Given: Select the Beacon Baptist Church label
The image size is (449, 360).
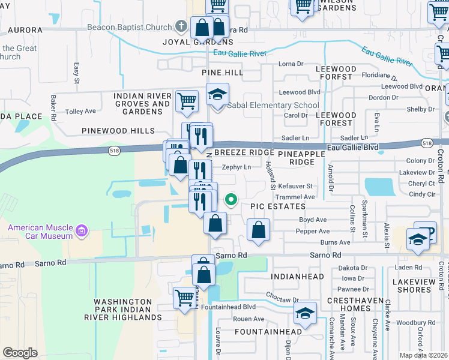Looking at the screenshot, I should (130, 27).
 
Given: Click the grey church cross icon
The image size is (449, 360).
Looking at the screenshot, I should (181, 26).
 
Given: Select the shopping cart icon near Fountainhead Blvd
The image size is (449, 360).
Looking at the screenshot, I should (185, 297).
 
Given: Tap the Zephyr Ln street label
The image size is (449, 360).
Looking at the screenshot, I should (237, 167).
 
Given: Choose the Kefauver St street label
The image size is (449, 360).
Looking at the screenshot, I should (297, 187).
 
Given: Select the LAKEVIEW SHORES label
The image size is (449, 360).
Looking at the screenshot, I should (415, 286).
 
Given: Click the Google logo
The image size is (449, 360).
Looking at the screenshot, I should (20, 353).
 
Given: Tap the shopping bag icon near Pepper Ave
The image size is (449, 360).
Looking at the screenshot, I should (258, 229).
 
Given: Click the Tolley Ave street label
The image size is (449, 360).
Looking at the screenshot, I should (80, 112).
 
